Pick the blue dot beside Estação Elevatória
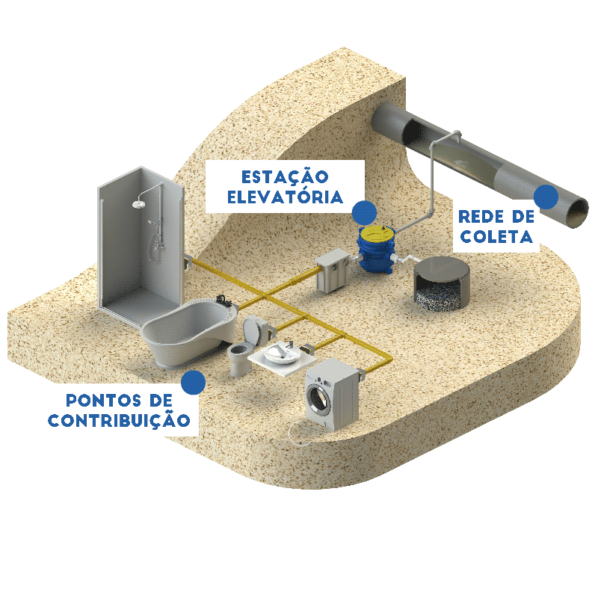click(x=364, y=212)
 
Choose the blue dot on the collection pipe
click(x=546, y=197)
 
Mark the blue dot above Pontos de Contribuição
click(x=194, y=382)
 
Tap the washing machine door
click(x=319, y=396)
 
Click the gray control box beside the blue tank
click(x=331, y=274)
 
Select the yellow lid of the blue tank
click(x=380, y=226)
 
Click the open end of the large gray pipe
click(x=577, y=212)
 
